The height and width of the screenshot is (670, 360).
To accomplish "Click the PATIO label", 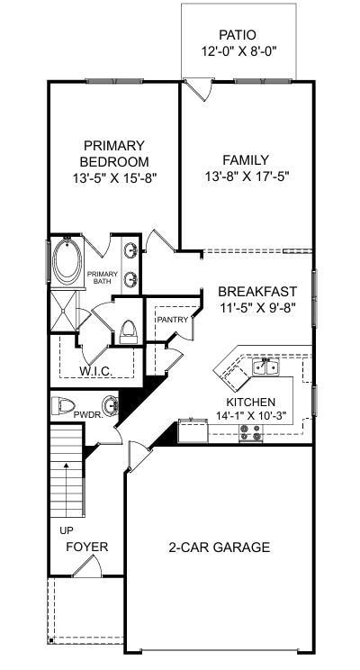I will pyautogui.click(x=238, y=34).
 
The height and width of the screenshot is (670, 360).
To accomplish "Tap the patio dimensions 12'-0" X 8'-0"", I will pyautogui.click(x=238, y=51).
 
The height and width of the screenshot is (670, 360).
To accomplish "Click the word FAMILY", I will pyautogui.click(x=247, y=160).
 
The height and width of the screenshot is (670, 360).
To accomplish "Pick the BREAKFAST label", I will pyautogui.click(x=257, y=291).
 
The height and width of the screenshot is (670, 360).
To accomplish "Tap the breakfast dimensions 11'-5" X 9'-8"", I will pyautogui.click(x=257, y=307).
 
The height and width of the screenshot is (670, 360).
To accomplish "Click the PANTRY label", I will pyautogui.click(x=172, y=320).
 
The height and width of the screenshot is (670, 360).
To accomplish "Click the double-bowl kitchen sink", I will pyautogui.click(x=265, y=367).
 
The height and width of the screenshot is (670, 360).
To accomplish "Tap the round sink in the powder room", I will pyautogui.click(x=110, y=404).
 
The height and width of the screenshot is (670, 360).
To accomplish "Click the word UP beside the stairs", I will pyautogui.click(x=67, y=530).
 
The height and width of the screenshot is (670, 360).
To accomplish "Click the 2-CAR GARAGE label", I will pyautogui.click(x=219, y=547).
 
